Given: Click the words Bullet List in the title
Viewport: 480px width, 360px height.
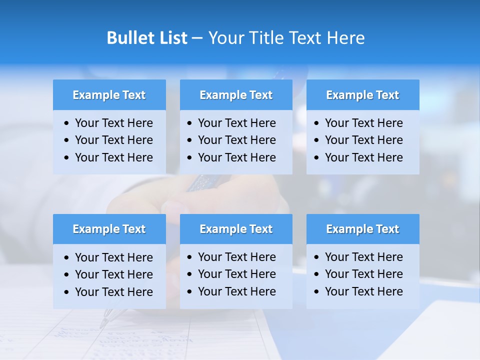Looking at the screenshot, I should [147, 38].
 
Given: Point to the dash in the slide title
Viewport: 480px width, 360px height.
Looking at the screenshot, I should [197, 38].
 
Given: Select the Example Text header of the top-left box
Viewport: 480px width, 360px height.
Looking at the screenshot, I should [109, 95].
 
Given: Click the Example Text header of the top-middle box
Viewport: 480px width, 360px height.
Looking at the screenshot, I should [236, 95].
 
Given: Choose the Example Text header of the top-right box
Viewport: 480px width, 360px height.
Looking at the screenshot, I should [362, 95].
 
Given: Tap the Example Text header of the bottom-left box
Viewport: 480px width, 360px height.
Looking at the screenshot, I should [109, 229].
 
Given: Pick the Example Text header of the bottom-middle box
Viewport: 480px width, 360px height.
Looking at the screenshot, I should [236, 229].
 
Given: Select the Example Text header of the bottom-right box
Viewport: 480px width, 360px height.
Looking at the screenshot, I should [362, 229].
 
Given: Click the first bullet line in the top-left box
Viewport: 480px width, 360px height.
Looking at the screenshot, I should [113, 123].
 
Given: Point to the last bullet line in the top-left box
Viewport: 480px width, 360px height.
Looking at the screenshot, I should [113, 157].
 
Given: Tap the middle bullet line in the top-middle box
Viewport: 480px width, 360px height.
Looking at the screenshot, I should [236, 140].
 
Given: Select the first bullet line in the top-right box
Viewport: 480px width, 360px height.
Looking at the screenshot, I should [363, 123].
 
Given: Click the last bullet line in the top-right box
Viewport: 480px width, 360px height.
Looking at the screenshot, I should [363, 157].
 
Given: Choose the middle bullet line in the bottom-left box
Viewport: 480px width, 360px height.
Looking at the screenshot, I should [113, 274].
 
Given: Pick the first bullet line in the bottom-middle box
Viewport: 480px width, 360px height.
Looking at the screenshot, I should [236, 257].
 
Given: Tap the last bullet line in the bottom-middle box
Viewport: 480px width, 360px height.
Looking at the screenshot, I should [236, 291].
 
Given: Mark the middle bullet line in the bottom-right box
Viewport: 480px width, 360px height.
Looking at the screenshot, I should [363, 274].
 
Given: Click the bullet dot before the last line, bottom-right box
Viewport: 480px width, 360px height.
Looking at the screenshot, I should [317, 292].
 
